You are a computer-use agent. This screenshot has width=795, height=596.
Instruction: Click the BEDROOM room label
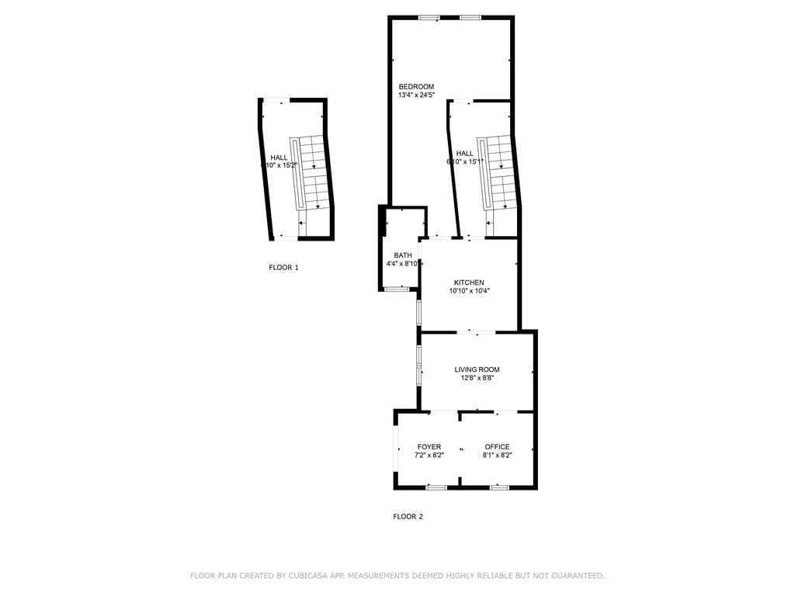click(x=416, y=86)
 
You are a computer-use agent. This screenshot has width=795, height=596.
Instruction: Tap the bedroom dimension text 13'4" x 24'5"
click(x=416, y=95)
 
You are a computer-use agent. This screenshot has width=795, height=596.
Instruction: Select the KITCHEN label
click(x=469, y=282)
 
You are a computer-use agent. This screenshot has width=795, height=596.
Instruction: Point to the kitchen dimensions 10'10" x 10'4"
click(x=469, y=292)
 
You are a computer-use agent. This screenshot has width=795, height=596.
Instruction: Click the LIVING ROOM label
click(x=477, y=369)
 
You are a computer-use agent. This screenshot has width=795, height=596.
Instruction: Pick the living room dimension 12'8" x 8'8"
click(x=477, y=379)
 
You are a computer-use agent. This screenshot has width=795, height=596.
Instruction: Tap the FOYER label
click(x=429, y=447)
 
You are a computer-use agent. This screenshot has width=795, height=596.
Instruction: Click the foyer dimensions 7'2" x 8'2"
click(x=429, y=456)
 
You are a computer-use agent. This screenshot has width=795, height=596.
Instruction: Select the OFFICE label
click(x=497, y=447)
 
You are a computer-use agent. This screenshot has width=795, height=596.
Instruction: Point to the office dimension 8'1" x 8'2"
click(x=497, y=456)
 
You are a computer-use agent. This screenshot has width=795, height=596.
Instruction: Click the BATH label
click(x=403, y=255)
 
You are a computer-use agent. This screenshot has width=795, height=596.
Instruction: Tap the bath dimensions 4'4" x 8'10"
click(x=403, y=264)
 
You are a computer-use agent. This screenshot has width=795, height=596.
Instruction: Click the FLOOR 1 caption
click(x=283, y=268)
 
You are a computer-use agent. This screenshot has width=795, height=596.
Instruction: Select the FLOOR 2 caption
click(x=408, y=517)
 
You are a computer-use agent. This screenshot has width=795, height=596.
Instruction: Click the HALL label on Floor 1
click(x=279, y=158)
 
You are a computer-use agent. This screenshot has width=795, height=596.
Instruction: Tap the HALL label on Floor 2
click(x=465, y=154)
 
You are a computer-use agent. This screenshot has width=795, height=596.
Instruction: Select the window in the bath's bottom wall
click(x=397, y=289)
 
